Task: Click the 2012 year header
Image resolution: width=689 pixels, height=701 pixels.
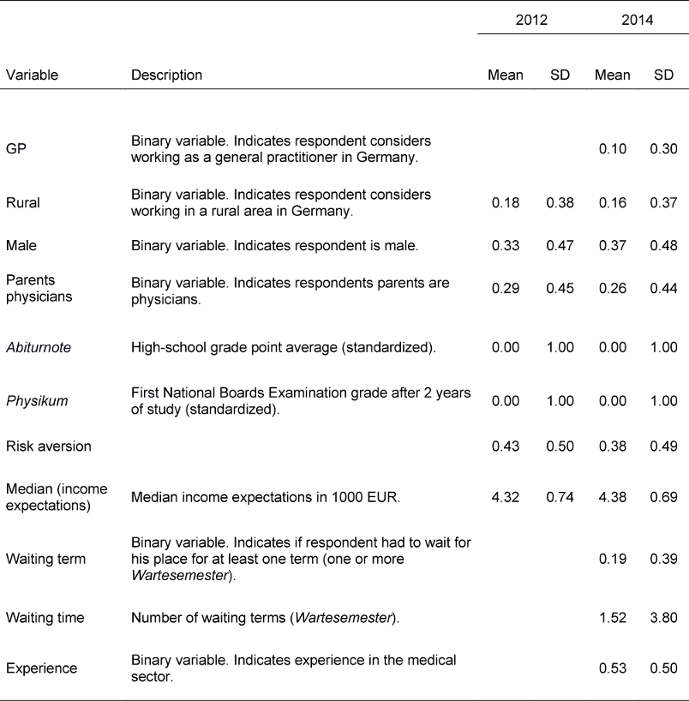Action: [531, 20]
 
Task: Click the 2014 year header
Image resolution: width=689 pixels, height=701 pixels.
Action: [638, 20]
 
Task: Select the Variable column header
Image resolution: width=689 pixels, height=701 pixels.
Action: [33, 75]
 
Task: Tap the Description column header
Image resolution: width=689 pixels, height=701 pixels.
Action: [166, 75]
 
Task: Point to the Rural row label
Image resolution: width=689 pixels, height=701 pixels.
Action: [22, 203]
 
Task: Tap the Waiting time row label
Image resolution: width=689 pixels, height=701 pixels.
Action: [42, 618]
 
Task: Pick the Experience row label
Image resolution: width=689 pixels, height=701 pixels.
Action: [41, 668]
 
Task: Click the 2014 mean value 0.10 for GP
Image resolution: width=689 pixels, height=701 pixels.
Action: [612, 149]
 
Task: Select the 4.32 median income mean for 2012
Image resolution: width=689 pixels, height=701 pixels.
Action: [505, 494]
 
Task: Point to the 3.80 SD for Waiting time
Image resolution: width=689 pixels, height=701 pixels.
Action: [664, 618]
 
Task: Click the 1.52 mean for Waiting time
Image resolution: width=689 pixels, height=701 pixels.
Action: [612, 618]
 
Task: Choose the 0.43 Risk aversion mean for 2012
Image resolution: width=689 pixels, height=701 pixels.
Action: [505, 446]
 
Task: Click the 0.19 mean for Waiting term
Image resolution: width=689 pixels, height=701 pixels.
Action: [612, 560]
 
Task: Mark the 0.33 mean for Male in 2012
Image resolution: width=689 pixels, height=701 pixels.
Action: [505, 246]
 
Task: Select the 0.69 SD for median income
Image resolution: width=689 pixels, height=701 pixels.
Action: [664, 494]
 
